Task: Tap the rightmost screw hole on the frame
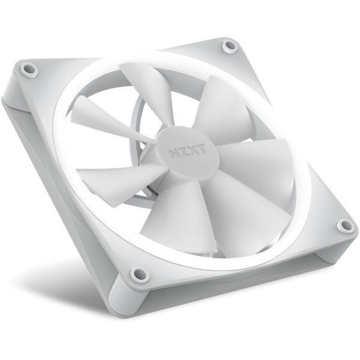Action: coord(344,226)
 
